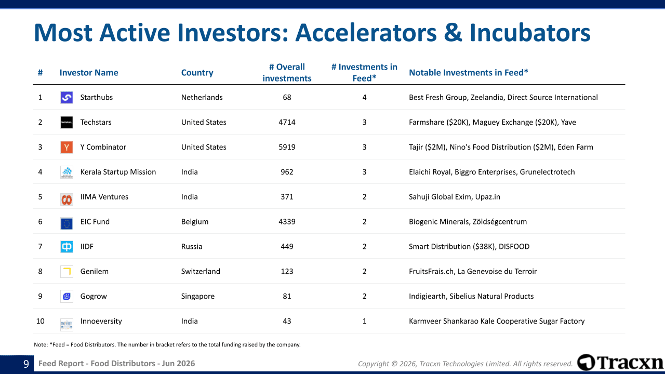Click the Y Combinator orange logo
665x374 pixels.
coord(66,147)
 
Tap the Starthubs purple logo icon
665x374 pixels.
coord(66,97)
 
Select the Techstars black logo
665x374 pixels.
coord(66,122)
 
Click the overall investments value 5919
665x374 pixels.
coord(287,147)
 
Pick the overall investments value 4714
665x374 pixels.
coord(287,122)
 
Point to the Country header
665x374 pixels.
coord(197,73)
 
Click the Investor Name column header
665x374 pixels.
coord(89,73)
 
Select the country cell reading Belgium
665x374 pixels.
coord(195,222)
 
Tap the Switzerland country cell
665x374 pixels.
coord(201,271)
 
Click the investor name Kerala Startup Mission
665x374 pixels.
coord(118,172)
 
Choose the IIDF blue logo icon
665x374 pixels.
coord(66,247)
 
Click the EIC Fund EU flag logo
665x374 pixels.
coord(66,223)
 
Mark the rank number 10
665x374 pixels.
coord(40,321)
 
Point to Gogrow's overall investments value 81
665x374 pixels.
coord(287,296)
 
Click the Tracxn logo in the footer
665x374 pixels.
coord(620,363)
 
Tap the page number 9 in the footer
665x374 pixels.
coord(26,364)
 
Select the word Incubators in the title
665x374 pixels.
coord(530,32)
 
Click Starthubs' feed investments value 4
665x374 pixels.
coord(364,97)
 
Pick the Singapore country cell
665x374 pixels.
coord(198,296)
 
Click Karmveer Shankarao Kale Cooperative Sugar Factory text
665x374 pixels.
coord(497,321)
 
